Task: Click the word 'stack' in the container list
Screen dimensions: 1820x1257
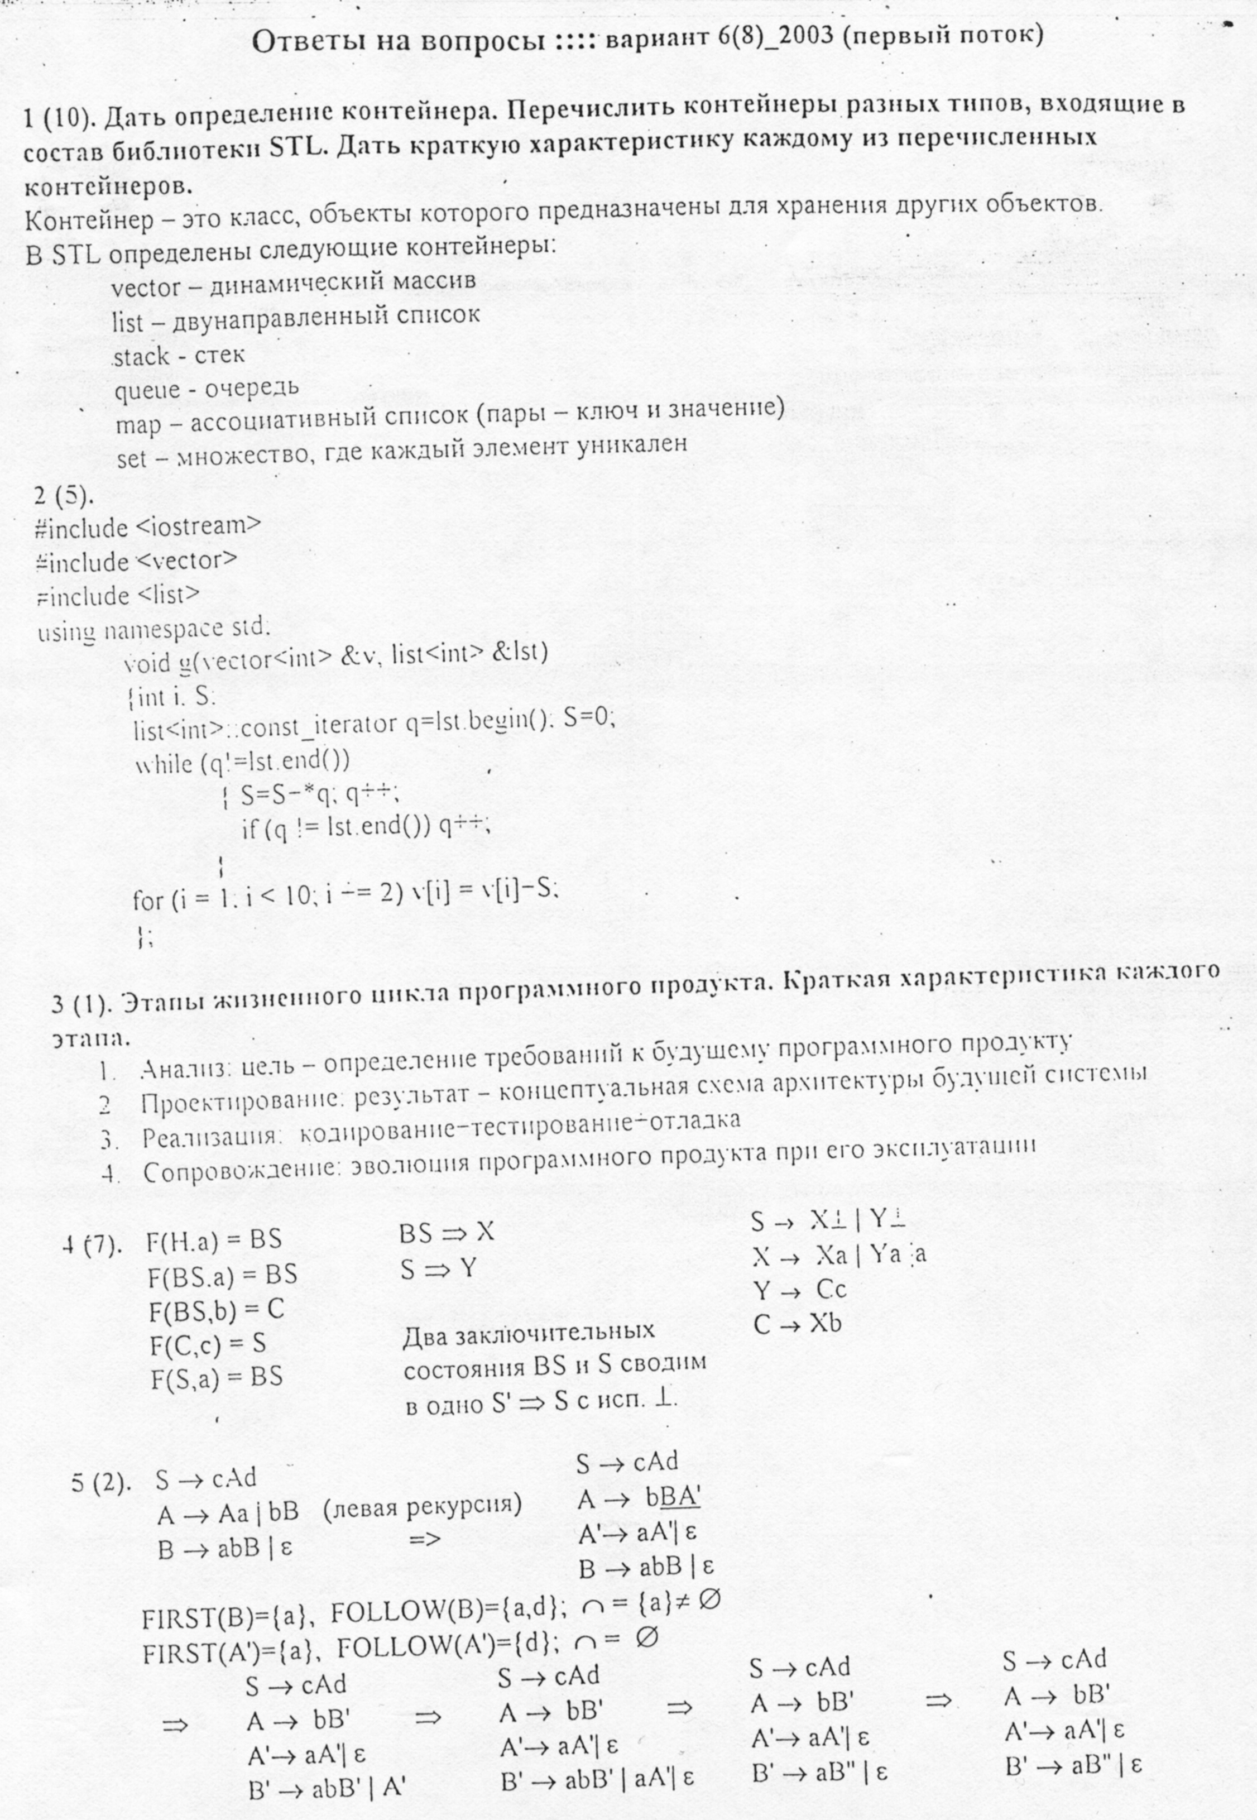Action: [142, 357]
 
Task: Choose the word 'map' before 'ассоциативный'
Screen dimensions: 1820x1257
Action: [138, 426]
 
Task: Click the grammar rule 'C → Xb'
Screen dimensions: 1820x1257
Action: [797, 1324]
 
